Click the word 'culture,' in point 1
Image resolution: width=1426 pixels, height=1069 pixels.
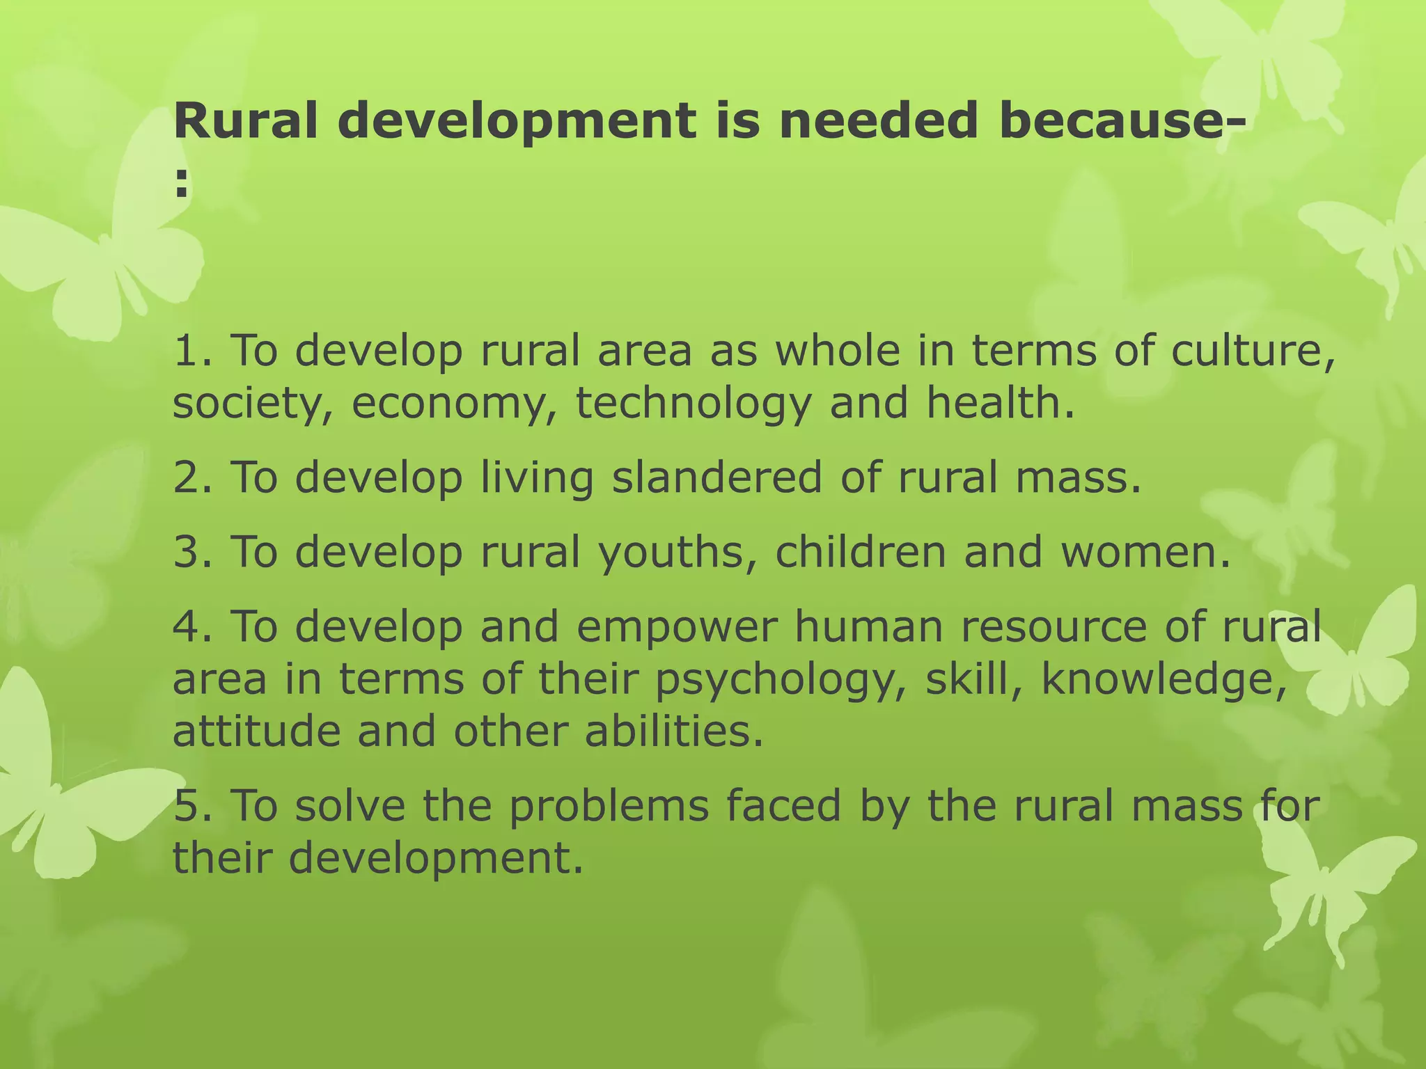click(x=1253, y=350)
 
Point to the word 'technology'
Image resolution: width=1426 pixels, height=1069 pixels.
click(x=694, y=404)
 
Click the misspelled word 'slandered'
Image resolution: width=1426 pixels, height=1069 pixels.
click(x=717, y=477)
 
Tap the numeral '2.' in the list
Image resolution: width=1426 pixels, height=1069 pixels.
click(x=193, y=477)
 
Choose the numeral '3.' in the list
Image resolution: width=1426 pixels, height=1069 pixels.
click(x=193, y=552)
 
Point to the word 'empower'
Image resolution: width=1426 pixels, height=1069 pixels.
click(x=676, y=626)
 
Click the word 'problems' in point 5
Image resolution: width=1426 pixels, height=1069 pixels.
click(x=609, y=806)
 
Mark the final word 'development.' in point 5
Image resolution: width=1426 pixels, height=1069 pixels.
click(x=436, y=858)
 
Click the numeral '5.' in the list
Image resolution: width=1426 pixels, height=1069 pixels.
click(x=193, y=805)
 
